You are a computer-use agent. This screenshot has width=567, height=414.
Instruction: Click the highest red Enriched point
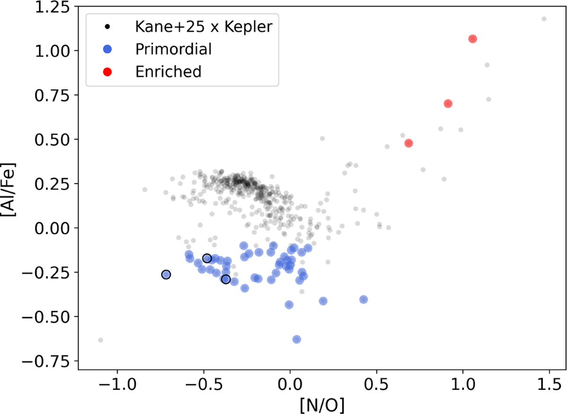pyautogui.click(x=472, y=39)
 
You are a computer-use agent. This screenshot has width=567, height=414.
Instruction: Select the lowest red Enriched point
pyautogui.click(x=409, y=143)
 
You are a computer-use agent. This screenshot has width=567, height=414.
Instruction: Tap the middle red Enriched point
pyautogui.click(x=448, y=103)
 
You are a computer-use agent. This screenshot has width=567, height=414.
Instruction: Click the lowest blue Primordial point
pyautogui.click(x=297, y=339)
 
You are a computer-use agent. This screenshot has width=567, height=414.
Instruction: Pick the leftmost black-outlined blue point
pyautogui.click(x=166, y=275)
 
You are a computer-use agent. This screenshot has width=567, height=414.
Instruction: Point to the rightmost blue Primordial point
pyautogui.click(x=363, y=299)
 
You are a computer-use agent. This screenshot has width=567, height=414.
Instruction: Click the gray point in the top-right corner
pyautogui.click(x=544, y=19)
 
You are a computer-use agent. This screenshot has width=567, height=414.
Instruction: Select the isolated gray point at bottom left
pyautogui.click(x=100, y=340)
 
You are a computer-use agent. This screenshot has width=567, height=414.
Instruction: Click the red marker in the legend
pyautogui.click(x=107, y=72)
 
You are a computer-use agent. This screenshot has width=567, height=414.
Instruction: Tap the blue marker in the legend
pyautogui.click(x=107, y=49)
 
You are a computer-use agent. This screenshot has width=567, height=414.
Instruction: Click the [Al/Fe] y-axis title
pyautogui.click(x=10, y=189)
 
